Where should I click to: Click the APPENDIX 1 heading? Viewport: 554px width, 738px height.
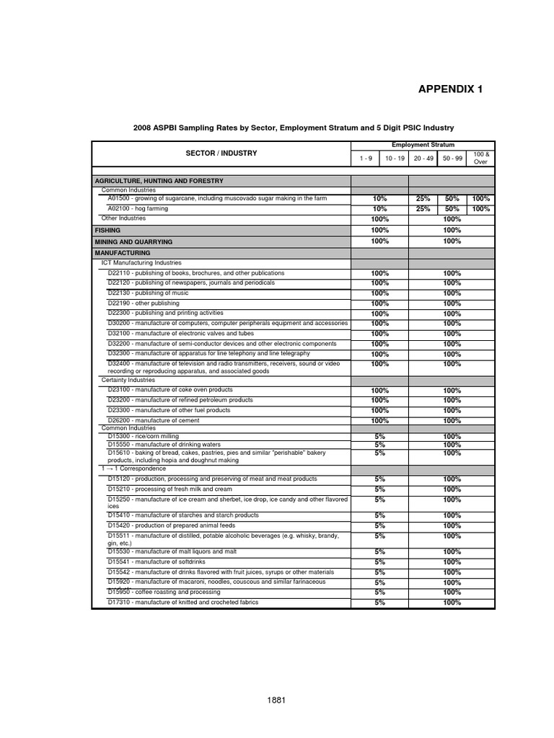coord(450,89)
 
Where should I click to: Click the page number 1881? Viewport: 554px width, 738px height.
coord(277,700)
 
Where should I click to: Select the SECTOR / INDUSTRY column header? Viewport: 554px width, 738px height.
coord(221,154)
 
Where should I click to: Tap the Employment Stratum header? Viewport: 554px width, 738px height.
coord(422,145)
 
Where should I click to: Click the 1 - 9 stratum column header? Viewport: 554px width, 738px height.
coord(366,158)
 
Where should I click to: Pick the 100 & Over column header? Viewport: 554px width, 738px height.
coord(480,158)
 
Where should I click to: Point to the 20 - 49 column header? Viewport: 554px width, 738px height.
coord(423,158)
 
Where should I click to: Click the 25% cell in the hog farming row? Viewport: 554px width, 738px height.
coord(423,208)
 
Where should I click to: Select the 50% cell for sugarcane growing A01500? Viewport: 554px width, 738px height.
coord(452,198)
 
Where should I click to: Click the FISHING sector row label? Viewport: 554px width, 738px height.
coord(108,230)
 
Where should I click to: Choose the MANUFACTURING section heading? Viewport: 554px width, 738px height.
coord(123,253)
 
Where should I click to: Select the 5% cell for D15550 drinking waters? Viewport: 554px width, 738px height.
coord(379,445)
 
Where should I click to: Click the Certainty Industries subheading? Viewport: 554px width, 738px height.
coord(128,379)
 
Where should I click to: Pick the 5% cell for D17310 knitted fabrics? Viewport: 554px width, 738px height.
coord(379,603)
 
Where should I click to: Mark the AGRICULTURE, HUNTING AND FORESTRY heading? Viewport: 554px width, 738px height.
coord(159,181)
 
